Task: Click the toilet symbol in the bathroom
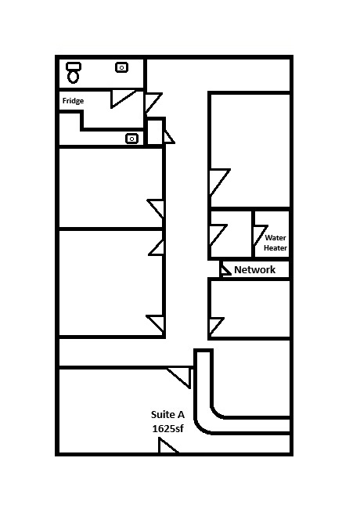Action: (x=74, y=72)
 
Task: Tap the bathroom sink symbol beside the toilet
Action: (x=121, y=67)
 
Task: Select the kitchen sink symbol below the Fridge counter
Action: (x=131, y=139)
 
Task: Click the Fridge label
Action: (x=73, y=101)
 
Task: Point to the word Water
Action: (x=275, y=238)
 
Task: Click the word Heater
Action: (x=275, y=247)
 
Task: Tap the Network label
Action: (x=254, y=270)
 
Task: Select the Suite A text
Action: (x=167, y=414)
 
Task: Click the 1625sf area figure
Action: (x=167, y=428)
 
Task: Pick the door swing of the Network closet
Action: (x=225, y=270)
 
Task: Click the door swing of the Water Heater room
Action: (x=260, y=236)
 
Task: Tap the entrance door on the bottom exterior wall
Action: (x=168, y=445)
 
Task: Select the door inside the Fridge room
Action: (x=122, y=99)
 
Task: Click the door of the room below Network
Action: (x=216, y=326)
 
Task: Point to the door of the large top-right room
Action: (x=219, y=182)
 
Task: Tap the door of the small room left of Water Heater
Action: (x=218, y=235)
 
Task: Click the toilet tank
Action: (x=74, y=66)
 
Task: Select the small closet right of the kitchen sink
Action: (x=155, y=132)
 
